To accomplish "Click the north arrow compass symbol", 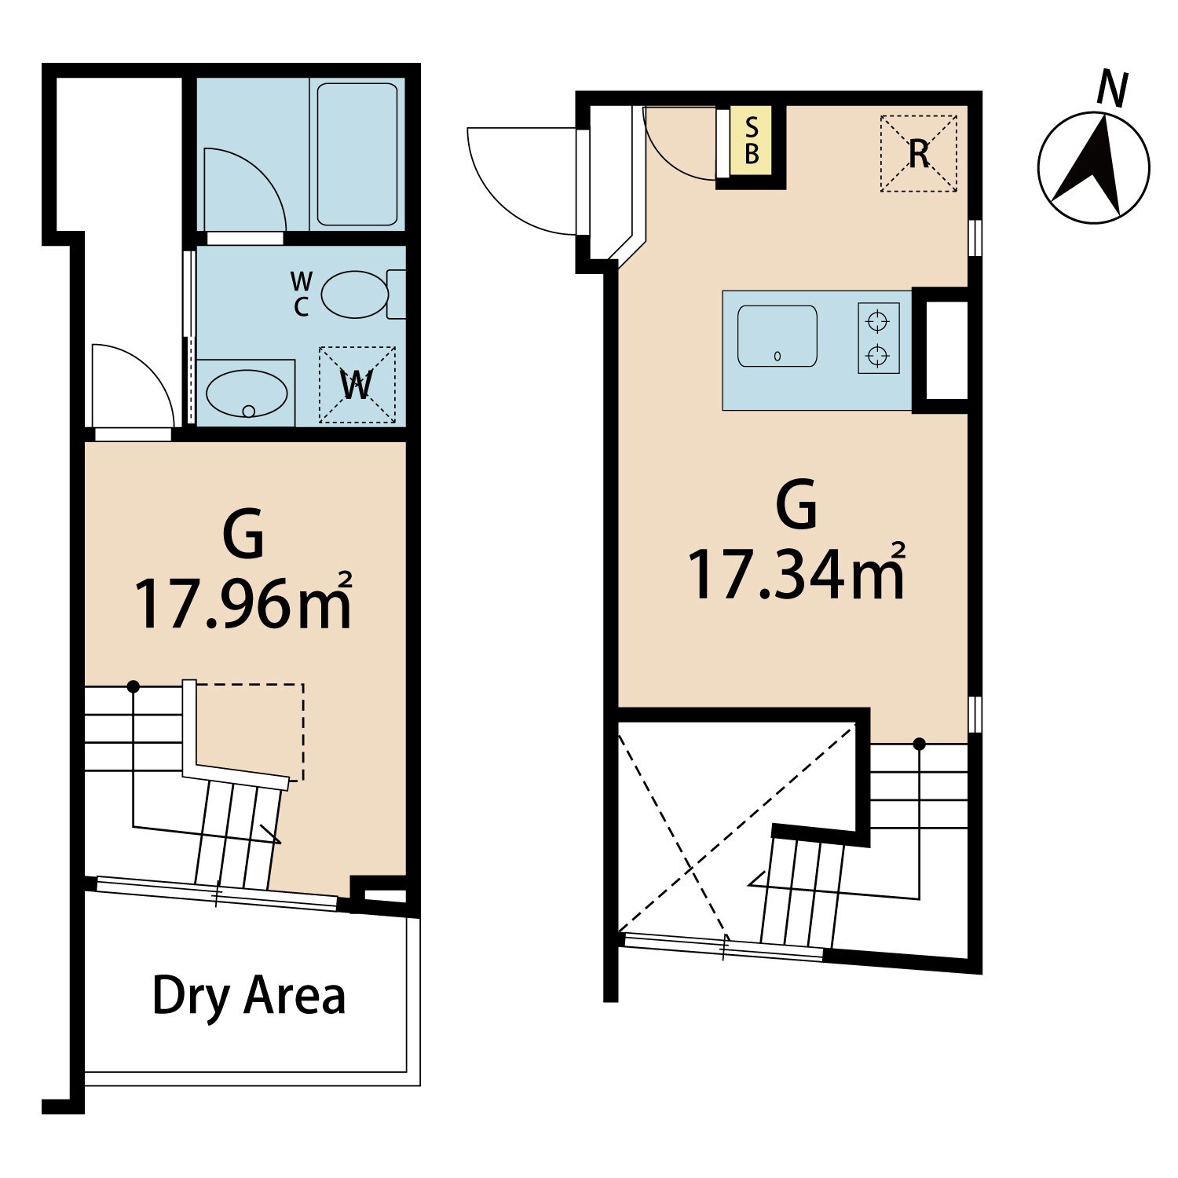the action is (x=1093, y=167).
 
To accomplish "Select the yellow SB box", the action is (x=752, y=141).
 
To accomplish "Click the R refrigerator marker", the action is (x=919, y=154).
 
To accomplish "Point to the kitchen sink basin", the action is (x=777, y=336).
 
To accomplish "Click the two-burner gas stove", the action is (x=878, y=338).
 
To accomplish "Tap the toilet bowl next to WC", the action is (x=355, y=294).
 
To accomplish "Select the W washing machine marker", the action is (x=357, y=385).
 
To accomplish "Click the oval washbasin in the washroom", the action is (x=246, y=393).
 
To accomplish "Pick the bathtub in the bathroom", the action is (x=357, y=155).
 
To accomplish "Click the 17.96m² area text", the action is (x=243, y=602).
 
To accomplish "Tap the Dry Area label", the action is (x=249, y=996).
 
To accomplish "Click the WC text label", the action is (x=302, y=294).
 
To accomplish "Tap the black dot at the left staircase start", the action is (x=134, y=686).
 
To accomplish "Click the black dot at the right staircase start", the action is (x=919, y=743).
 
